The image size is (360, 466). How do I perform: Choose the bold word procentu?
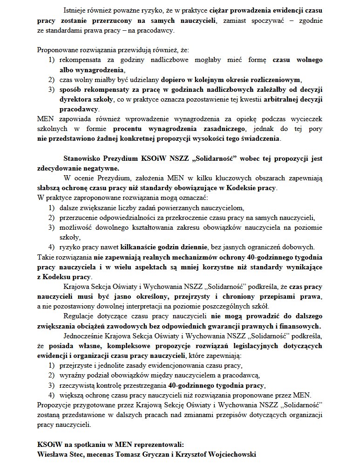tap(127, 129)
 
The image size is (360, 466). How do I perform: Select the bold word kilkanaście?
tap(139, 247)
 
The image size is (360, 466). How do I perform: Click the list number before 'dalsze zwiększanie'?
tap(51, 208)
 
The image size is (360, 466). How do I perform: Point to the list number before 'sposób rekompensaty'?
tap(51, 89)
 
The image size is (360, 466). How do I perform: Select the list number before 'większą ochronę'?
tap(51, 395)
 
